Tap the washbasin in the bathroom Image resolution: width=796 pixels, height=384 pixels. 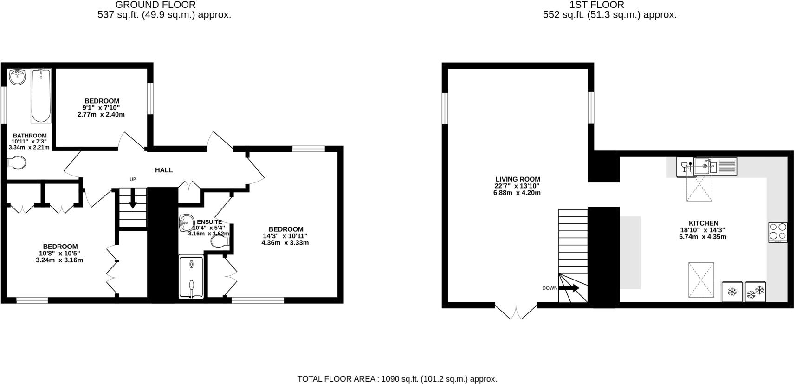[x=18, y=76]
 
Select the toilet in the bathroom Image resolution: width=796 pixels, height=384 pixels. [x=17, y=163]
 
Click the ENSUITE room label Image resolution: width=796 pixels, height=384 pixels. [x=209, y=222]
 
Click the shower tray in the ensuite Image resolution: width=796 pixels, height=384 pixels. [x=191, y=277]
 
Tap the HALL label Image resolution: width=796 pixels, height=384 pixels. [x=164, y=170]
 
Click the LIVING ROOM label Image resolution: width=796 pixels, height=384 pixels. [x=518, y=179]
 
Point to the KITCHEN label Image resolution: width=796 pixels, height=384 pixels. [x=702, y=223]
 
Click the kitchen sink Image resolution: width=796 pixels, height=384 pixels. [x=705, y=166]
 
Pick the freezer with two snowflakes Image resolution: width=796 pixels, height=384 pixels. [x=755, y=292]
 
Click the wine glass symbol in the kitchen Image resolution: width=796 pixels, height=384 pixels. [x=684, y=166]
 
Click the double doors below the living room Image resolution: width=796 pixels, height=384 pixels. [x=516, y=312]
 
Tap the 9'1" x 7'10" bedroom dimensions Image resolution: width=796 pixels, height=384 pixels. [x=102, y=108]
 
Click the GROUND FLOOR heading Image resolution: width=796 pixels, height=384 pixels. [x=155, y=5]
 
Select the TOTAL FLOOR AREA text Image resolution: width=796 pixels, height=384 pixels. [x=397, y=379]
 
